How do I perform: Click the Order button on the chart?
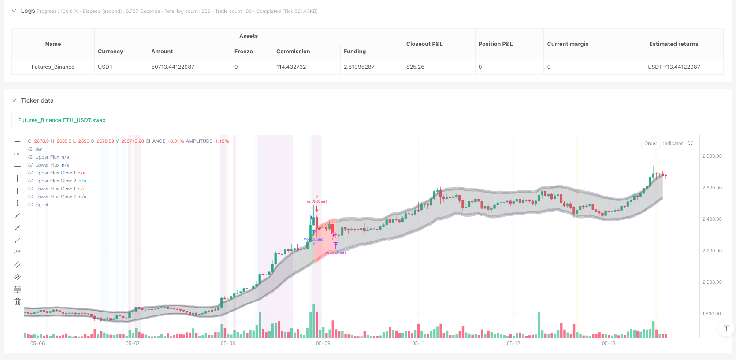[651, 143]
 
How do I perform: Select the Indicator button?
[673, 143]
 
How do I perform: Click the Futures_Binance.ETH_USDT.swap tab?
[62, 120]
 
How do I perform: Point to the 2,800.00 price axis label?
[712, 156]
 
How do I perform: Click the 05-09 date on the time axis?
[323, 343]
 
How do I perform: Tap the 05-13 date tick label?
[609, 343]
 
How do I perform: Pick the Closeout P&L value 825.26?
[415, 67]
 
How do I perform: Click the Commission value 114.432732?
[291, 67]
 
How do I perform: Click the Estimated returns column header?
[673, 44]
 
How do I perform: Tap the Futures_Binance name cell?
[53, 67]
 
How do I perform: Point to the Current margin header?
[568, 44]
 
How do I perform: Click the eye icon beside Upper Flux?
[30, 157]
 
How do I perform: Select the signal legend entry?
[41, 204]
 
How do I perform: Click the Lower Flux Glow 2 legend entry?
[56, 197]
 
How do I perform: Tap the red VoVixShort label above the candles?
[316, 202]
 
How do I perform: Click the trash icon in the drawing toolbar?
[17, 302]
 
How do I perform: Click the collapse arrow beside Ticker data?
[14, 100]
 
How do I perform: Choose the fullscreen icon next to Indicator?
[691, 143]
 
